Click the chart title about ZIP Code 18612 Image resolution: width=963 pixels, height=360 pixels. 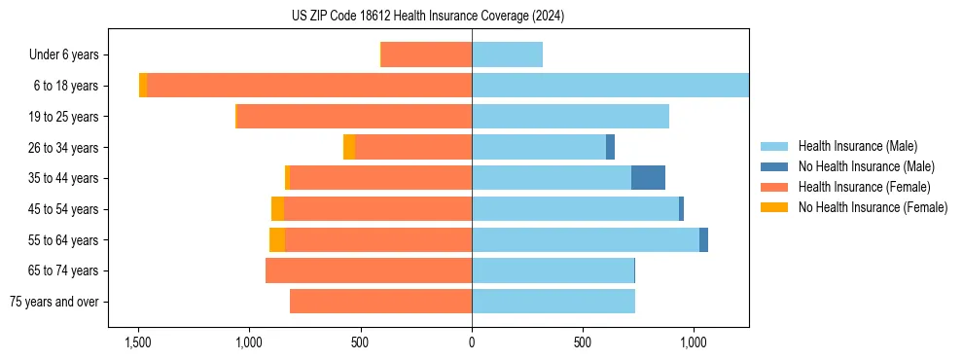(x=428, y=17)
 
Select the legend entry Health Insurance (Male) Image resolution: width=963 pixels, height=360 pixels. (x=857, y=146)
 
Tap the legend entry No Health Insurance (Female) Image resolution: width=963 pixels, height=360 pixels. (x=873, y=207)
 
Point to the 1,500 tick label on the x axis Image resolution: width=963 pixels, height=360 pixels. (x=138, y=342)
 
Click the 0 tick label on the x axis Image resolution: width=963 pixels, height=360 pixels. (x=472, y=342)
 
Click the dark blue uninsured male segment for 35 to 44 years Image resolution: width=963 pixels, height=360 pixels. (x=648, y=178)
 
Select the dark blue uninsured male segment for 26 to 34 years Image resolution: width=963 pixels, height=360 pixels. (x=610, y=147)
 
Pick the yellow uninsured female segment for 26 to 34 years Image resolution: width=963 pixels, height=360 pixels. (x=349, y=147)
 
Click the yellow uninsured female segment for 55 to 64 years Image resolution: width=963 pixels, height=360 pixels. (x=277, y=239)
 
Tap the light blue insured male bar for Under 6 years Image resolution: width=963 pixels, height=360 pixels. (x=507, y=54)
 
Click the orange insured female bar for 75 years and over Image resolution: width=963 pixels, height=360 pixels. (x=380, y=302)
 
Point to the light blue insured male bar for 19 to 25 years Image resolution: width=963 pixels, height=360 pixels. (x=570, y=117)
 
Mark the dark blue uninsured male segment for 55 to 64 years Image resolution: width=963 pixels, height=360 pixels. (x=703, y=239)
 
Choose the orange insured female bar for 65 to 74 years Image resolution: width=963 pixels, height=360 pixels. (x=369, y=270)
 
